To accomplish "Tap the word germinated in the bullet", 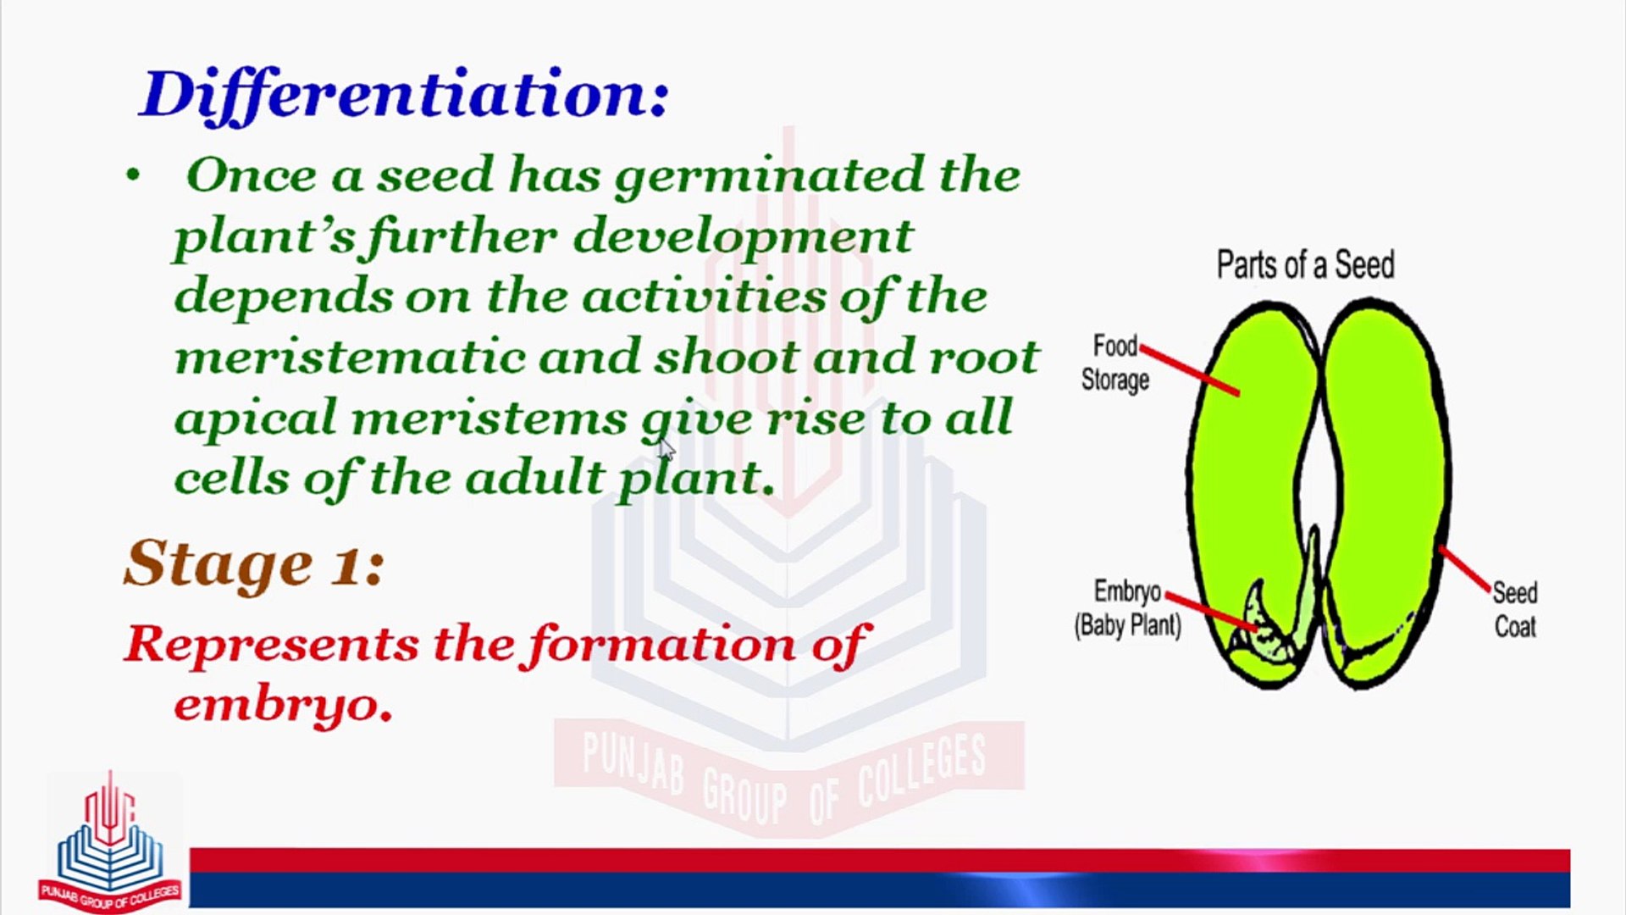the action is pos(770,176).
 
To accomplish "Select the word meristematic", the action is pos(350,357).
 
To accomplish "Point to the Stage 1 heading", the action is pos(254,564).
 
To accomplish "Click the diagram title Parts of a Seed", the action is pos(1305,265).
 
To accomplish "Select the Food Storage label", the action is pos(1115,363).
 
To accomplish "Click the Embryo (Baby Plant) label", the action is pos(1127,608).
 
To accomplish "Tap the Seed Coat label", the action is pos(1515,609).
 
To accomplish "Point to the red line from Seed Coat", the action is pos(1464,568).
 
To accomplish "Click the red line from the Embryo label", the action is pos(1211,611).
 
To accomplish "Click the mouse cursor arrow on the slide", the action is pos(666,449).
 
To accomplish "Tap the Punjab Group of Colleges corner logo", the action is pos(110,842).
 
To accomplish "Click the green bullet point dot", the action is pos(132,175).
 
